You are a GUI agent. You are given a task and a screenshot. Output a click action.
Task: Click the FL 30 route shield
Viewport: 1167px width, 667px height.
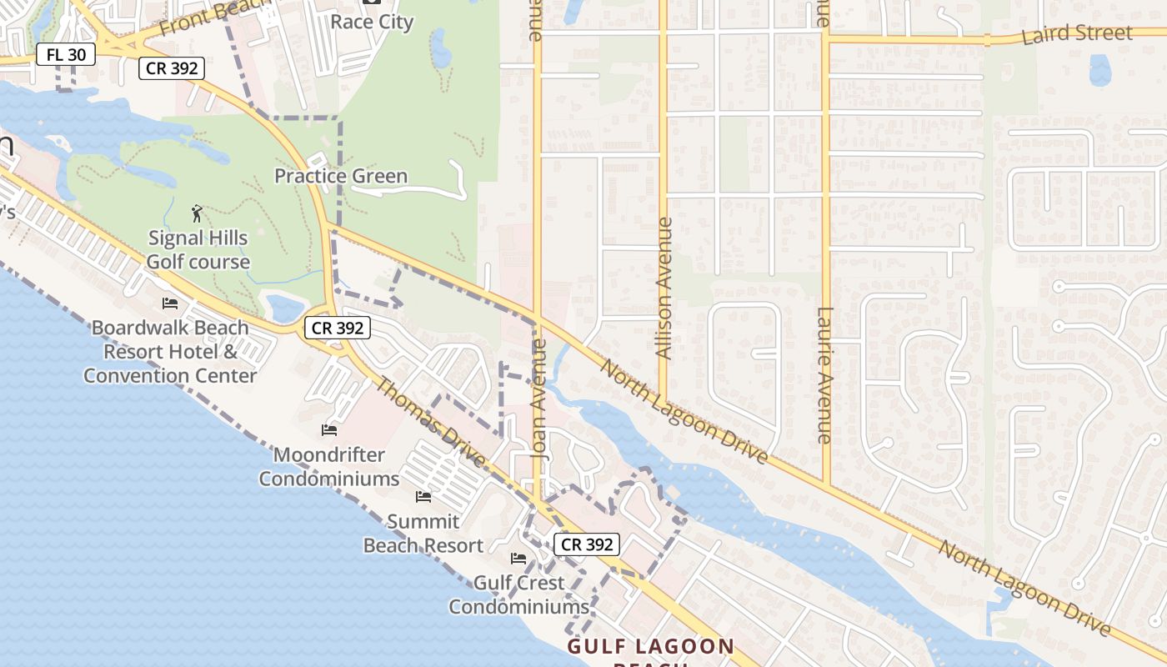66,55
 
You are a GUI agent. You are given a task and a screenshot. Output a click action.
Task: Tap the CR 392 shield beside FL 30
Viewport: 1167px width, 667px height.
172,68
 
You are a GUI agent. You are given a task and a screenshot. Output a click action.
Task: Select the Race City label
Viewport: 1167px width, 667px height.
372,22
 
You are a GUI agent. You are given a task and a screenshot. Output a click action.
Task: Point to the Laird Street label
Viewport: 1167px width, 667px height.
1077,34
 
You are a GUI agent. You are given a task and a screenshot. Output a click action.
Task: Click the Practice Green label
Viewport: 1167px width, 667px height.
341,176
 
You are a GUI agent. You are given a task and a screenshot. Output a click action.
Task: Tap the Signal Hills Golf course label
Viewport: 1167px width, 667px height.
198,249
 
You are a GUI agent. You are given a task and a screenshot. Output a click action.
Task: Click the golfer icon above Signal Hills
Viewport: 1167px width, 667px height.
197,213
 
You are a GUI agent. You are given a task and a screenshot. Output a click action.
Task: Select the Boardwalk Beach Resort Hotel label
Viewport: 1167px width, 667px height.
170,351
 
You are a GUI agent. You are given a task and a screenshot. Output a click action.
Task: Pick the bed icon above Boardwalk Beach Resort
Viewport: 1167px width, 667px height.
170,303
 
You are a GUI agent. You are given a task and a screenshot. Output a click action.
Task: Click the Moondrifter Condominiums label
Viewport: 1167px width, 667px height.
329,467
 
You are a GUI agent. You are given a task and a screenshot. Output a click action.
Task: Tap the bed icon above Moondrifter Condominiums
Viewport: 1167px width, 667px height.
329,430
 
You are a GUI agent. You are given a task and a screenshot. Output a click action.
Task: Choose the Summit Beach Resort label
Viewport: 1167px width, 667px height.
423,534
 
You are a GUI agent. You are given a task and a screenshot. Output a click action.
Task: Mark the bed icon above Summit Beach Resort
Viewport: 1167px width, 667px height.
423,498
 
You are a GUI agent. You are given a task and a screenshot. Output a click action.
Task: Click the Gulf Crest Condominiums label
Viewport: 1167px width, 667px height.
519,594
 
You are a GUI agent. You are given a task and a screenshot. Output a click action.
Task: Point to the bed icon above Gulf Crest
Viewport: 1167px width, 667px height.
518,559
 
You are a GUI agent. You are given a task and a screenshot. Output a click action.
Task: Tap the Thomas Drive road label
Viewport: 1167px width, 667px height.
430,422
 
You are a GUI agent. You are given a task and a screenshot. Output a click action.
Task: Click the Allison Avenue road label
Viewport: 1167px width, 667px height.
664,288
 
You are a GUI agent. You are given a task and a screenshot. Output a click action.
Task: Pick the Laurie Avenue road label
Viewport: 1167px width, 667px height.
824,375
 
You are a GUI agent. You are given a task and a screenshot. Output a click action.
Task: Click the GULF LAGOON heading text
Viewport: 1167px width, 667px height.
651,646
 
